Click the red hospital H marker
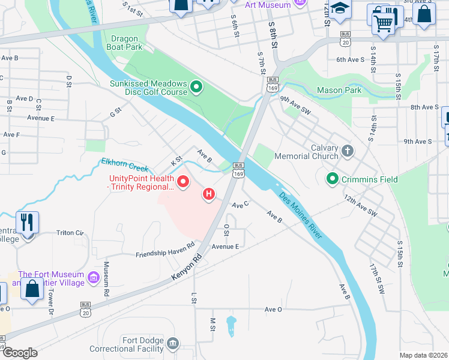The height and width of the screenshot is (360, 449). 209,194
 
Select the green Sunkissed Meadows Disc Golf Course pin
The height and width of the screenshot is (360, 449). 195,88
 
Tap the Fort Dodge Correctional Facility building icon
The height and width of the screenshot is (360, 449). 173,343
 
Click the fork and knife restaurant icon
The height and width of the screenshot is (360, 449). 27,223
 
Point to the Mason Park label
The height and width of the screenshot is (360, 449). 339,91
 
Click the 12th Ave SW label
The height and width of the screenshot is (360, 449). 361,205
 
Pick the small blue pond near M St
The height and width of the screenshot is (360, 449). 231,326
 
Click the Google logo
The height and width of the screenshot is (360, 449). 20,353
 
